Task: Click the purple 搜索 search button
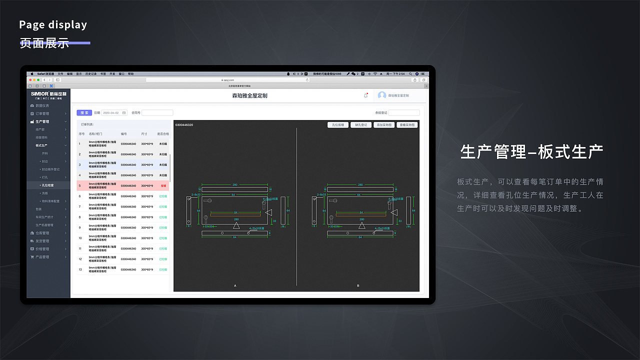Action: click(84, 112)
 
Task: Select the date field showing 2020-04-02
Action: click(114, 112)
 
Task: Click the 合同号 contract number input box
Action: click(157, 112)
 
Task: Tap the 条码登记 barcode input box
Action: click(404, 112)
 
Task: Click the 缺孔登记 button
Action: click(360, 125)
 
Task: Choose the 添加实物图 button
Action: click(383, 125)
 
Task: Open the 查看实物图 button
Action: click(407, 125)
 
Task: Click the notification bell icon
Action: click(365, 95)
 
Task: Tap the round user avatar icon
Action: click(382, 95)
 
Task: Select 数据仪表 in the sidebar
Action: click(42, 105)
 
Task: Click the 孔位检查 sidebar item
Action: click(48, 185)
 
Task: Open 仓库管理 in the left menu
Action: click(42, 233)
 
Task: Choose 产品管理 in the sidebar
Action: click(42, 257)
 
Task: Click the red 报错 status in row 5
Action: click(163, 185)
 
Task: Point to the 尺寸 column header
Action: click(144, 134)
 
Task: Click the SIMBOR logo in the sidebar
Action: click(48, 94)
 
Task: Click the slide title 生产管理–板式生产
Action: click(531, 151)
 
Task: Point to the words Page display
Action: click(53, 24)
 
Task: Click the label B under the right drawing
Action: click(358, 285)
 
